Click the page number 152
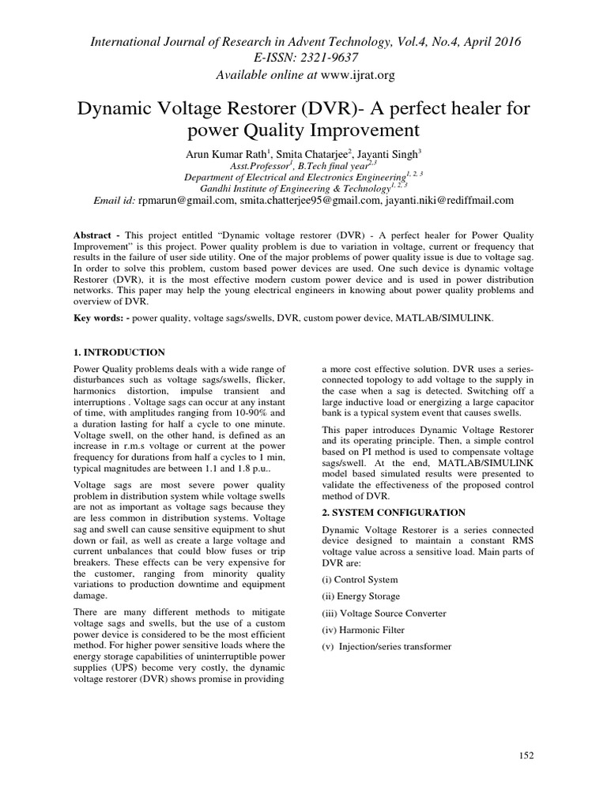[x=526, y=755]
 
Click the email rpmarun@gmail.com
[x=187, y=201]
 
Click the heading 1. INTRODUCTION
[x=119, y=352]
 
